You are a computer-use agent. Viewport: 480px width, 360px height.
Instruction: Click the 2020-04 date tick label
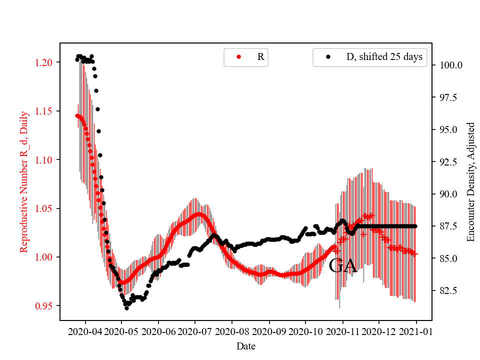[85, 331]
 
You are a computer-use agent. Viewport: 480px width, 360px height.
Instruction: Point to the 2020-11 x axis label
[342, 331]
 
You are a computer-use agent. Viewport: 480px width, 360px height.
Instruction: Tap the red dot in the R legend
[238, 57]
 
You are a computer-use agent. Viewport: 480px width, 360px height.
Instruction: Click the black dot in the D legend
[328, 57]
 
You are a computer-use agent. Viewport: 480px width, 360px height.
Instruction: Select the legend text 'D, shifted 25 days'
[384, 57]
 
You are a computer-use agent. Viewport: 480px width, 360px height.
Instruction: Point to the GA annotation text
[343, 266]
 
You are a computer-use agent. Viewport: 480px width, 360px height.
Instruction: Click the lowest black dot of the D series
[126, 308]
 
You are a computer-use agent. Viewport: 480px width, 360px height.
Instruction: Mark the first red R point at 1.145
[77, 115]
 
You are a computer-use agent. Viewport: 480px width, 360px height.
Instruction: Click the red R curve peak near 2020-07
[199, 214]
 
